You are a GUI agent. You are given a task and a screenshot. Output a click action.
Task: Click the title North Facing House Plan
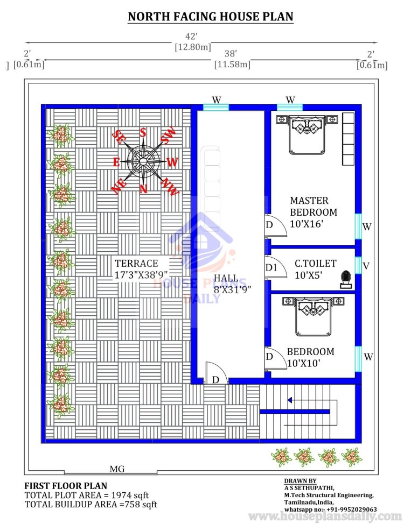211,16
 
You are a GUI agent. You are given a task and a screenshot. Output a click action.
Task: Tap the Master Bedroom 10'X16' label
314,212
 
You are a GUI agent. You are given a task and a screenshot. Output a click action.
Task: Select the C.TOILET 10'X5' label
315,270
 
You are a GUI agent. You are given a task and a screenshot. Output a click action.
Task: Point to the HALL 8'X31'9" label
232,284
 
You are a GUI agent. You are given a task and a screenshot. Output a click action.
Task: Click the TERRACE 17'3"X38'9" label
141,269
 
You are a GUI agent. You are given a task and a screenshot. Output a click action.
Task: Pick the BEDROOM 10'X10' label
310,357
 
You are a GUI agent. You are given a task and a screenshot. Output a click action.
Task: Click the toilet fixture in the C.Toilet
346,280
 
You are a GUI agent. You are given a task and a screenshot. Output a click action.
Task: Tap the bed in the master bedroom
307,134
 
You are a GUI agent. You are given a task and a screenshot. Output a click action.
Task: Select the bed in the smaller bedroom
313,316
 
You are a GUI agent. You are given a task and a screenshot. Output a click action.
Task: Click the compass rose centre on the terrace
143,161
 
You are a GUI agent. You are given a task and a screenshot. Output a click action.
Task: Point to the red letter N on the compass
143,189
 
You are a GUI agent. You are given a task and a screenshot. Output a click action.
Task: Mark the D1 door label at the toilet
271,268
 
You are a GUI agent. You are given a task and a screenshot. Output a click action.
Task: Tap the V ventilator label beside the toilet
366,266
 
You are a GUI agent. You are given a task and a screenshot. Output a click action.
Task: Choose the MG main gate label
117,469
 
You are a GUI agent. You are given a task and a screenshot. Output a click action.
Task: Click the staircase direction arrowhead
289,400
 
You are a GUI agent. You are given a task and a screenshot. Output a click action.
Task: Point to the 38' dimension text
231,53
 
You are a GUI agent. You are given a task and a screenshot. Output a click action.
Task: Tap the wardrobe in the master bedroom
348,139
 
